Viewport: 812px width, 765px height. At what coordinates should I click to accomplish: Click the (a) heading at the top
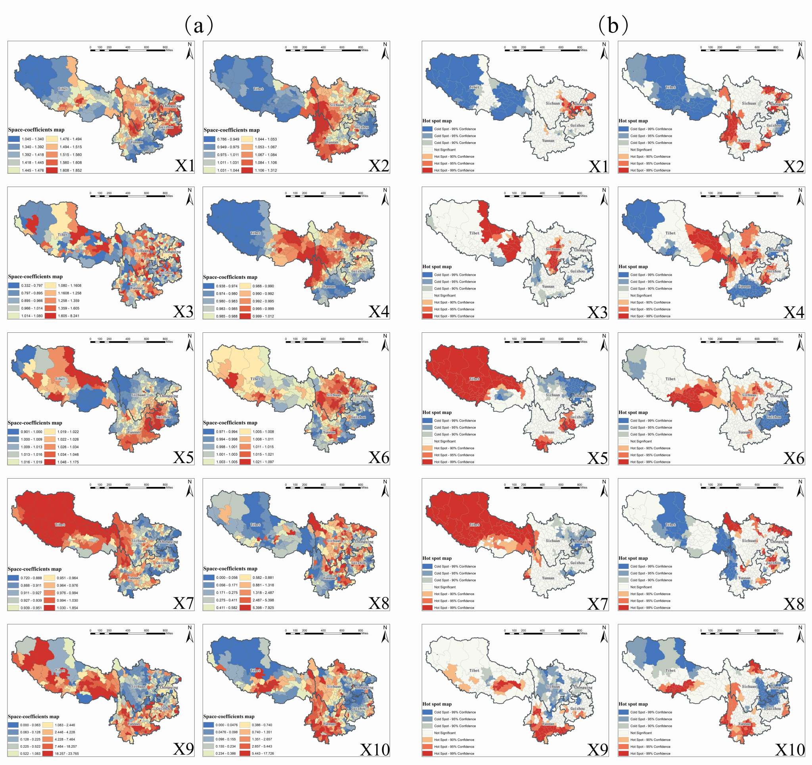click(199, 25)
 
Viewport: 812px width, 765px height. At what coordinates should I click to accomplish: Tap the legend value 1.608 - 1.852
click(71, 170)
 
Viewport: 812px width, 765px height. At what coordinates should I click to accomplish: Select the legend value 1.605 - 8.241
click(69, 316)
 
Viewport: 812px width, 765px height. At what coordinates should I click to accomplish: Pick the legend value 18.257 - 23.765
click(67, 754)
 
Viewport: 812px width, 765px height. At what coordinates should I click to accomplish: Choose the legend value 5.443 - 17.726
click(262, 754)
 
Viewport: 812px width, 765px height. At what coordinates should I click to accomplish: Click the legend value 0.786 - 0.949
click(228, 139)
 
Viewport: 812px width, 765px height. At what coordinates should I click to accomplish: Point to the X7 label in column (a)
click(183, 603)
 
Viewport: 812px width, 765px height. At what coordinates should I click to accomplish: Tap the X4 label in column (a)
click(379, 312)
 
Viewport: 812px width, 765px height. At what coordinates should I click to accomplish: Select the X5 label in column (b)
click(597, 458)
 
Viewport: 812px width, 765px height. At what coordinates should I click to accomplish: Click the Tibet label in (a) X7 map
click(60, 525)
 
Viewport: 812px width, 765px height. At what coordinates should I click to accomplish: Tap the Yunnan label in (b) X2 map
click(744, 141)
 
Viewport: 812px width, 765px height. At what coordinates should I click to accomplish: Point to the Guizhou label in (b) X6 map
click(773, 417)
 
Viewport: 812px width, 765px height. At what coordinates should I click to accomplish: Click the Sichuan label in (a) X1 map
click(141, 105)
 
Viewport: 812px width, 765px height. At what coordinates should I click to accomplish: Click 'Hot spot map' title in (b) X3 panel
click(437, 267)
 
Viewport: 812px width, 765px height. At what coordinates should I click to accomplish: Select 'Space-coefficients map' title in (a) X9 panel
click(33, 716)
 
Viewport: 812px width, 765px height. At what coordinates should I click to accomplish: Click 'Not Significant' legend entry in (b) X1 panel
click(445, 150)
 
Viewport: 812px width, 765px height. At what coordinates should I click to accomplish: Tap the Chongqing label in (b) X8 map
click(779, 542)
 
